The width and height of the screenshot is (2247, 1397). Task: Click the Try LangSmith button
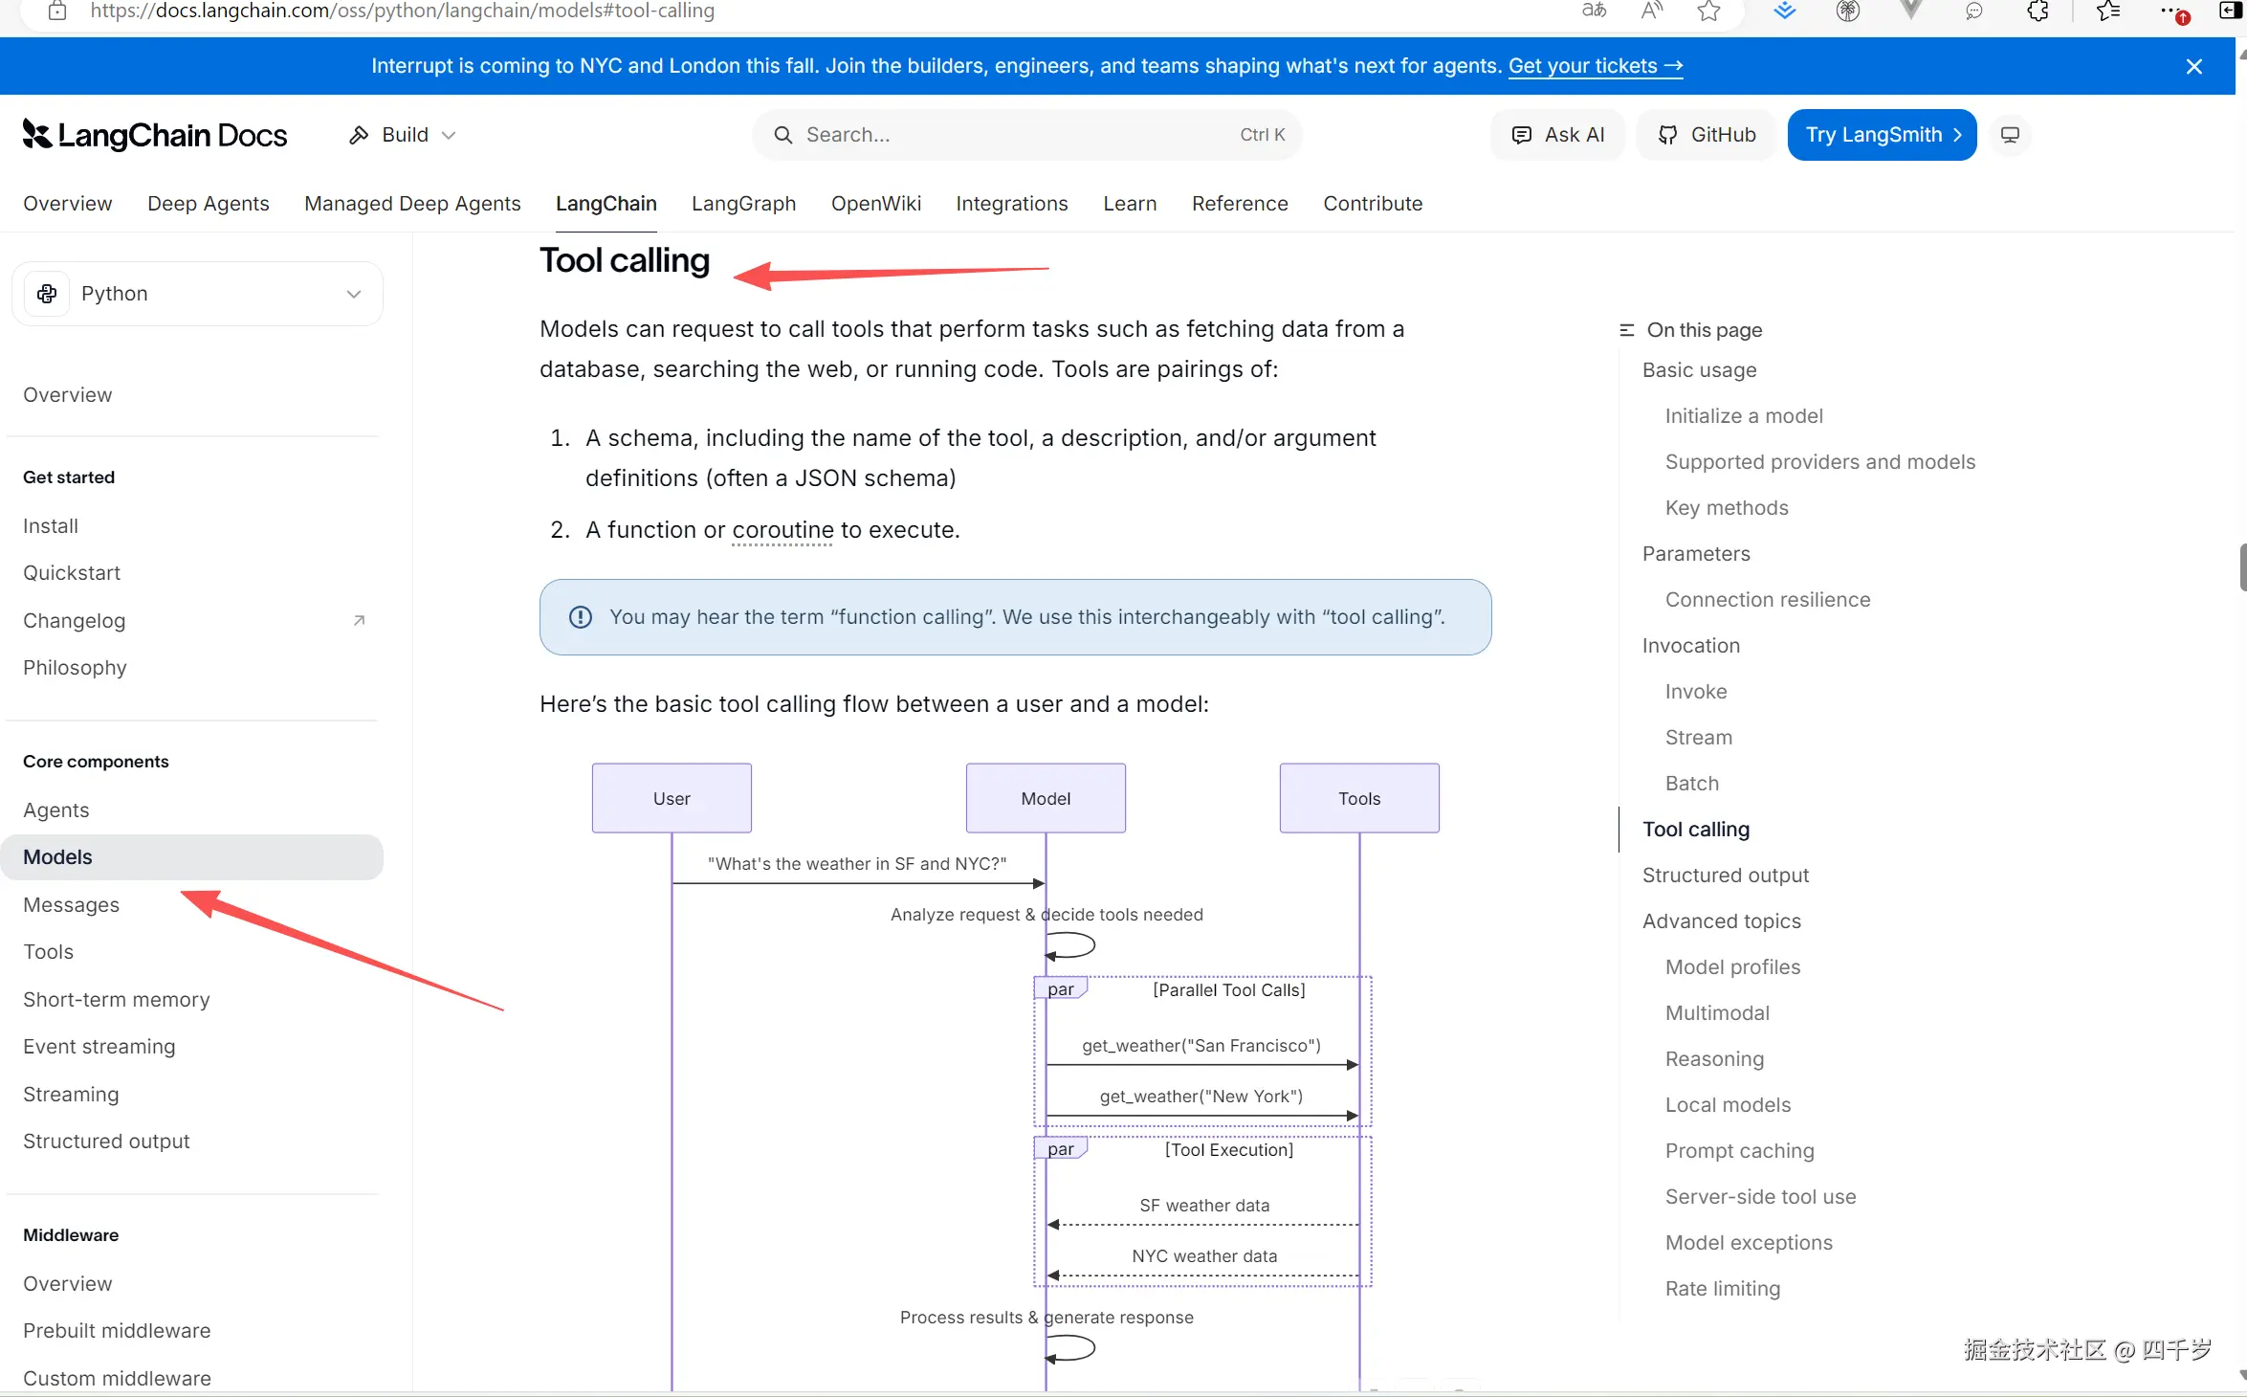pyautogui.click(x=1882, y=135)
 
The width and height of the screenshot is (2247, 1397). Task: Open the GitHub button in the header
pyautogui.click(x=1707, y=135)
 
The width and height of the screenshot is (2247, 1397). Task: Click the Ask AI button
pyautogui.click(x=1557, y=135)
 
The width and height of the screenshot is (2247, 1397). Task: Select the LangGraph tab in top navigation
pyautogui.click(x=743, y=204)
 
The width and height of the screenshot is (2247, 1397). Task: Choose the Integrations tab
pyautogui.click(x=1011, y=204)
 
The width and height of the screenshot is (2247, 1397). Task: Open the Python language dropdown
pyautogui.click(x=197, y=294)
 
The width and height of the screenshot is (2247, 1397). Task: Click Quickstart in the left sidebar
pyautogui.click(x=72, y=573)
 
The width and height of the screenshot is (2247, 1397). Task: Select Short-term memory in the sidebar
pyautogui.click(x=117, y=1000)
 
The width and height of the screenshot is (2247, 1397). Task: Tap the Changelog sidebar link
pyautogui.click(x=75, y=621)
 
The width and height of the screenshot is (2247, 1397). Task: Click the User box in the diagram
pyautogui.click(x=672, y=798)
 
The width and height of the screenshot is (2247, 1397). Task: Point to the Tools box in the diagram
pyautogui.click(x=1359, y=798)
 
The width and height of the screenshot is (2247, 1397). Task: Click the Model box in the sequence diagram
pyautogui.click(x=1046, y=798)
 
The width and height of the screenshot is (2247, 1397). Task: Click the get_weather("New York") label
pyautogui.click(x=1201, y=1097)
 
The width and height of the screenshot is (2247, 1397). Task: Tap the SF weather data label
pyautogui.click(x=1204, y=1206)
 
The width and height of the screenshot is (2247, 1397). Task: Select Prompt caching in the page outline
pyautogui.click(x=1739, y=1151)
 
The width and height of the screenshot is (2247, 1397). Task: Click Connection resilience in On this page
pyautogui.click(x=1768, y=600)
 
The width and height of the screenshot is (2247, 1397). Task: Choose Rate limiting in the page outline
pyautogui.click(x=1723, y=1289)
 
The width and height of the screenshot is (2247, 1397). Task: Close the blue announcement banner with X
pyautogui.click(x=2194, y=66)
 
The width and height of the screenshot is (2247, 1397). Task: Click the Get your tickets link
pyautogui.click(x=1596, y=66)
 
